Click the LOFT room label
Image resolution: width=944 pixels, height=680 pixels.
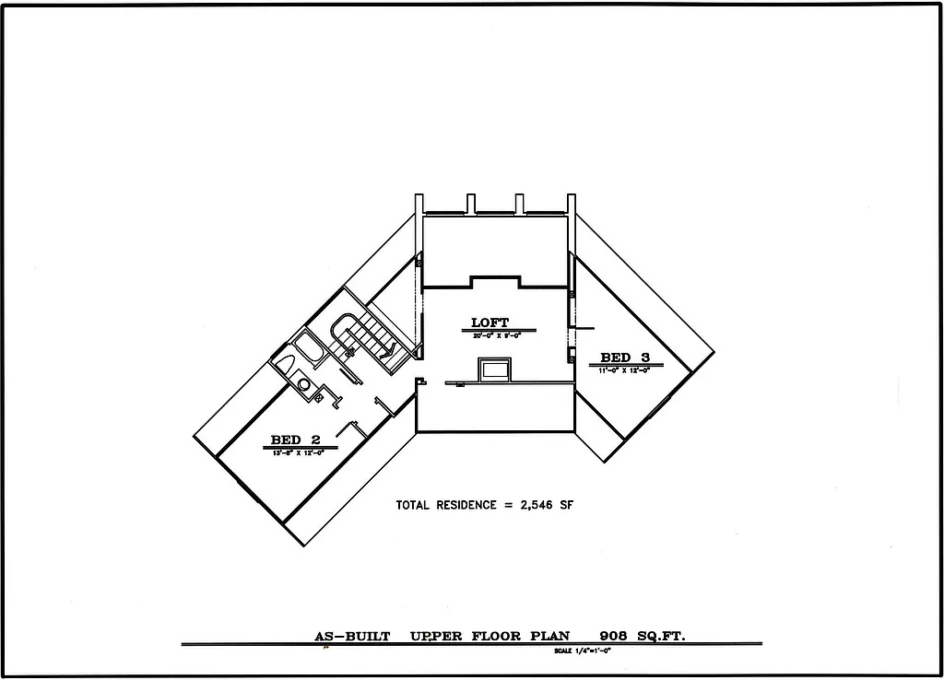[x=490, y=322]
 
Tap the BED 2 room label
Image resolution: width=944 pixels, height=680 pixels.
[x=295, y=440]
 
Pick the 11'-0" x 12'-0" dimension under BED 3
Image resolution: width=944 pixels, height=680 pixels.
[x=626, y=369]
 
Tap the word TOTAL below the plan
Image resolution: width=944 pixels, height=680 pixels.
[x=414, y=505]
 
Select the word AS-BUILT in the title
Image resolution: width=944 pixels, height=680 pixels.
[x=352, y=636]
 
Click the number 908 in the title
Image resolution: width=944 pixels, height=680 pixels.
[x=613, y=636]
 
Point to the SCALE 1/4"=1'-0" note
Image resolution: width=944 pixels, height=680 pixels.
[x=583, y=651]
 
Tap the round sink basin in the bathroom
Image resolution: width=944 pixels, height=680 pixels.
[x=304, y=383]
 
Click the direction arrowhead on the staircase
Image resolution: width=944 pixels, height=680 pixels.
[x=391, y=349]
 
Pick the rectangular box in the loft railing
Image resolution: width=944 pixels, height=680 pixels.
[x=494, y=370]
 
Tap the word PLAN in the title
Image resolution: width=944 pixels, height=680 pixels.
[x=549, y=636]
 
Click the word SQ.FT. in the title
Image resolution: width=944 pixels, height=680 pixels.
[x=662, y=636]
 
